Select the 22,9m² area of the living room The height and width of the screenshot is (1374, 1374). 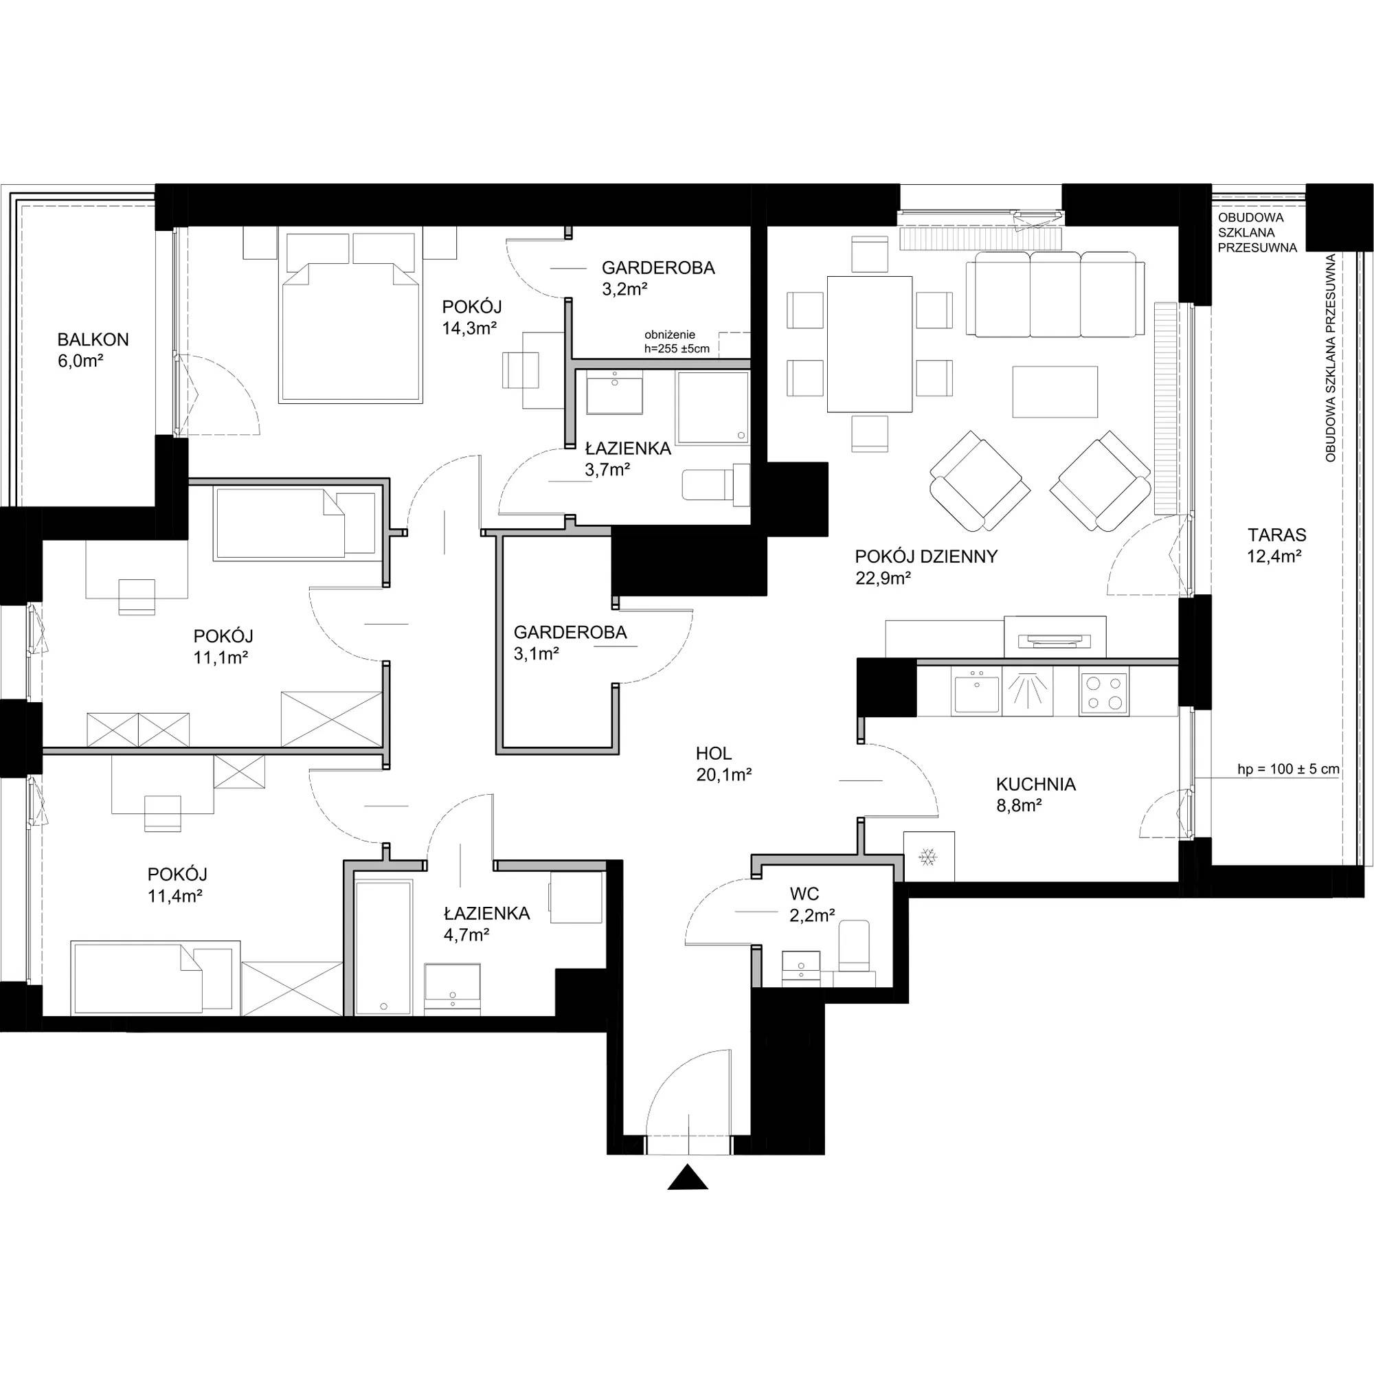[884, 578]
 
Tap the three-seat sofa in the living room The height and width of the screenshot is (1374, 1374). [1055, 295]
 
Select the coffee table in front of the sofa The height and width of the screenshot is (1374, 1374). [1055, 391]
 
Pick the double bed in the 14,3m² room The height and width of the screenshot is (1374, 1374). [351, 317]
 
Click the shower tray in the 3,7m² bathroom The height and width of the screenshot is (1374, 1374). [713, 407]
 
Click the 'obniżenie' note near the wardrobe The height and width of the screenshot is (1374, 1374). [669, 335]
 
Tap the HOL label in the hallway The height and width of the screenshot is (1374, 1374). [714, 753]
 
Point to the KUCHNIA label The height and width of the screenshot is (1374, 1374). [1035, 785]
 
